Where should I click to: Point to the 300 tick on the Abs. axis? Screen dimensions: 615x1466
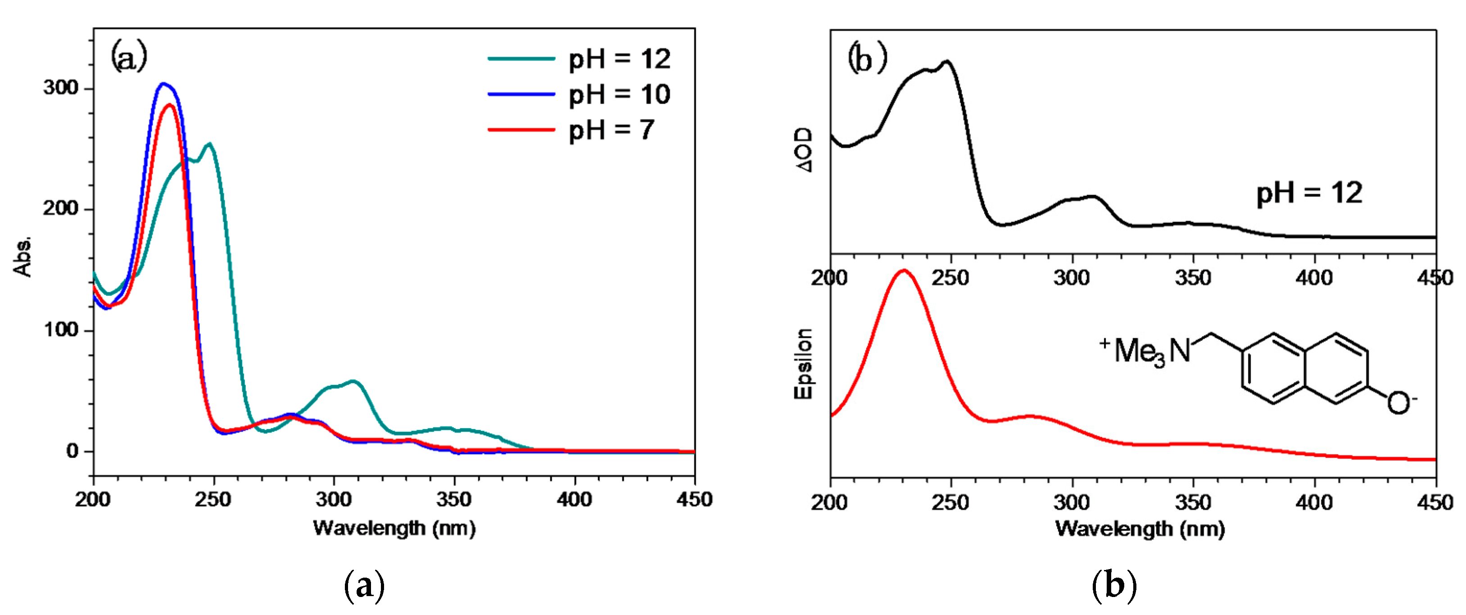[60, 88]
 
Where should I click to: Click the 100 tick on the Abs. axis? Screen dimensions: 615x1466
[60, 330]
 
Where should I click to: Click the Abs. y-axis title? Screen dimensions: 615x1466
[23, 256]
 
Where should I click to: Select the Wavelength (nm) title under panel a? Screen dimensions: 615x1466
[394, 528]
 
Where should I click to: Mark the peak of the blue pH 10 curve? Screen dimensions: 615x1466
[163, 84]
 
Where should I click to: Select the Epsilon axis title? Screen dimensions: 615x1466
[803, 364]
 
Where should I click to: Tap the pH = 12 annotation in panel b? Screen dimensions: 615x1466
[1308, 194]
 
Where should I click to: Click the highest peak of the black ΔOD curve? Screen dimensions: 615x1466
[947, 61]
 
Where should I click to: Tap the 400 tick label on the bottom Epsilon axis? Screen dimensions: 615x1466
[1314, 502]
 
